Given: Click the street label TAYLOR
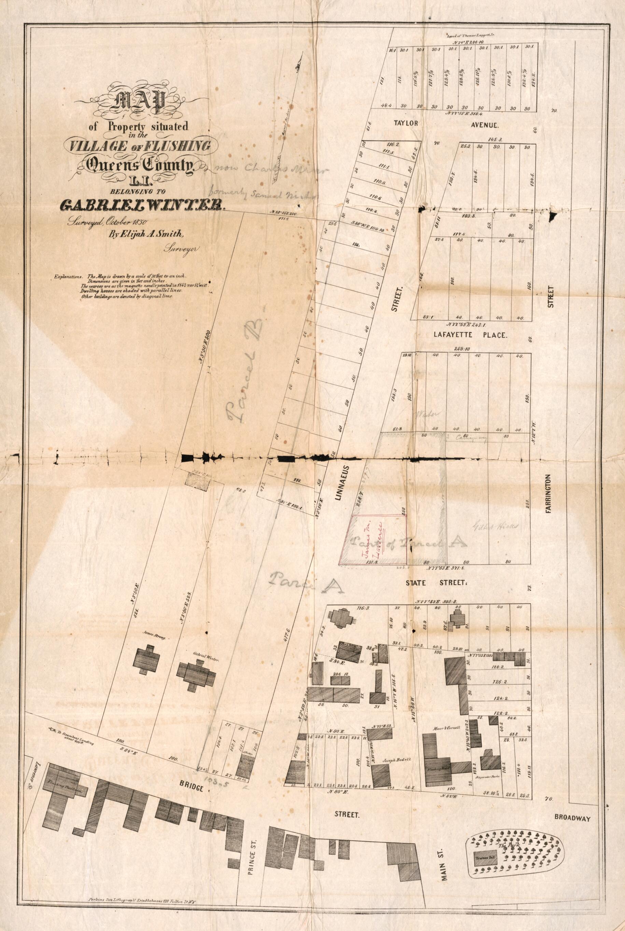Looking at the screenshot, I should pyautogui.click(x=406, y=123).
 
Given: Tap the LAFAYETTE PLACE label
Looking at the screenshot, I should pyautogui.click(x=470, y=335).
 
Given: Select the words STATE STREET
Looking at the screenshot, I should pyautogui.click(x=436, y=583).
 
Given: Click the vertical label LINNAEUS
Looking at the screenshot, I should pyautogui.click(x=345, y=488).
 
